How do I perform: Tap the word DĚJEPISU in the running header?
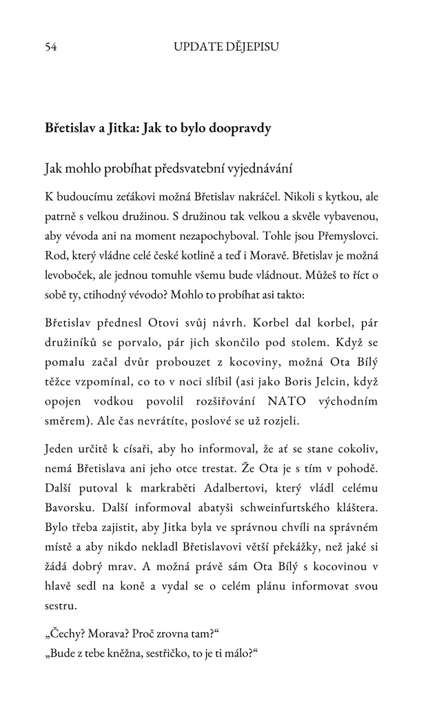[x=249, y=48]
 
